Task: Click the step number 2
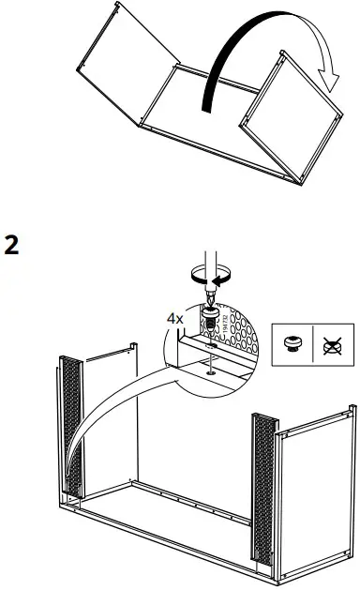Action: pos(12,246)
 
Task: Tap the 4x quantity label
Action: pos(174,318)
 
